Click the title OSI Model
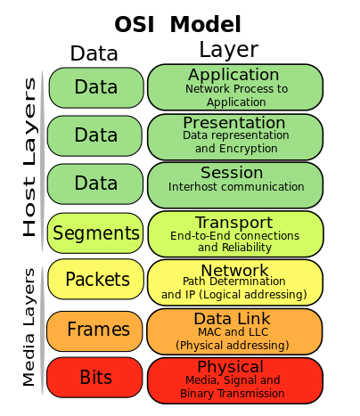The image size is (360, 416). [177, 24]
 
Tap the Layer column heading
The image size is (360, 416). [228, 50]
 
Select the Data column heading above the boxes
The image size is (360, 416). [94, 53]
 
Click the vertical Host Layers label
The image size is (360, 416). [29, 158]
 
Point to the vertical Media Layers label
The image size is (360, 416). [29, 327]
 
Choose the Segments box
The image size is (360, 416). [95, 233]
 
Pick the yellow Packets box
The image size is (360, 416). [95, 279]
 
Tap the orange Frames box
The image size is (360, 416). [94, 331]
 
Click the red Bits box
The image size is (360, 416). [94, 378]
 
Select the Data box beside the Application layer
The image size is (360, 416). [96, 87]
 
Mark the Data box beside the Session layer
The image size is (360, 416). [95, 184]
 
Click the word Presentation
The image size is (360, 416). [234, 122]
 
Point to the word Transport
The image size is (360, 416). [234, 223]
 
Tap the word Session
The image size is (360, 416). [232, 173]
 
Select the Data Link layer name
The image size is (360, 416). [232, 319]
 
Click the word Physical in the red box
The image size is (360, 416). [231, 367]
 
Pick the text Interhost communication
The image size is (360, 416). [236, 187]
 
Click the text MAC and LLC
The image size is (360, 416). [233, 331]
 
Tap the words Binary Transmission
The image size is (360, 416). [233, 394]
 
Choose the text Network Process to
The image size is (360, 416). [236, 89]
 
